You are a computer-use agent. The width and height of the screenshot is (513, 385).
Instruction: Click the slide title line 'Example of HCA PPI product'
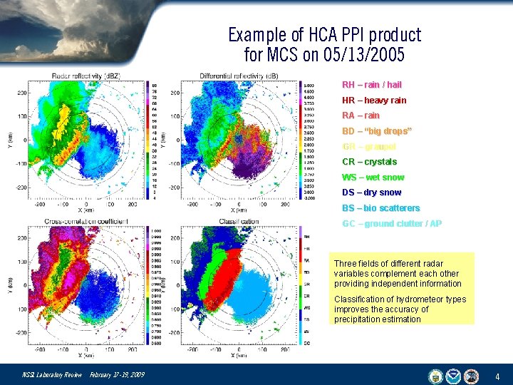(x=324, y=35)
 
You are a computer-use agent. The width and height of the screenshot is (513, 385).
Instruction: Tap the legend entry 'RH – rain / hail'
(x=371, y=84)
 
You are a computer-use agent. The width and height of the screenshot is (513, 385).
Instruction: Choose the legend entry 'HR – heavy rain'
(x=374, y=100)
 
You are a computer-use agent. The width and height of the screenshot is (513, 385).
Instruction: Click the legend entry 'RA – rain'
(x=361, y=115)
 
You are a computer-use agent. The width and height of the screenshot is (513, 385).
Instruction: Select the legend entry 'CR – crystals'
(x=369, y=162)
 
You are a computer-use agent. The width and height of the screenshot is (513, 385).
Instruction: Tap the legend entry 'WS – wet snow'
(x=373, y=178)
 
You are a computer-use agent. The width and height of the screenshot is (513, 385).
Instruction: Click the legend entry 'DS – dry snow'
(x=371, y=192)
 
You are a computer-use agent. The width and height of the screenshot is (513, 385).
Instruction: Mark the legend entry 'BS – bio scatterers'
(x=380, y=208)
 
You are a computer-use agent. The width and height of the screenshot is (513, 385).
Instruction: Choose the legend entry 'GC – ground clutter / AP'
(x=391, y=224)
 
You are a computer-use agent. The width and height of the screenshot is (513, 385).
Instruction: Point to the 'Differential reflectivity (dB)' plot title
(x=239, y=76)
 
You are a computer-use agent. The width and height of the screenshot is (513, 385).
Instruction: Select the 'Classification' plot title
(x=239, y=222)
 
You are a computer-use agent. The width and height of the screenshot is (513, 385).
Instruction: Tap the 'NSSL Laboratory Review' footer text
(x=52, y=375)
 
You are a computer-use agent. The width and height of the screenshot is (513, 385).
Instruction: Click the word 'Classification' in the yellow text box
(x=358, y=299)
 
